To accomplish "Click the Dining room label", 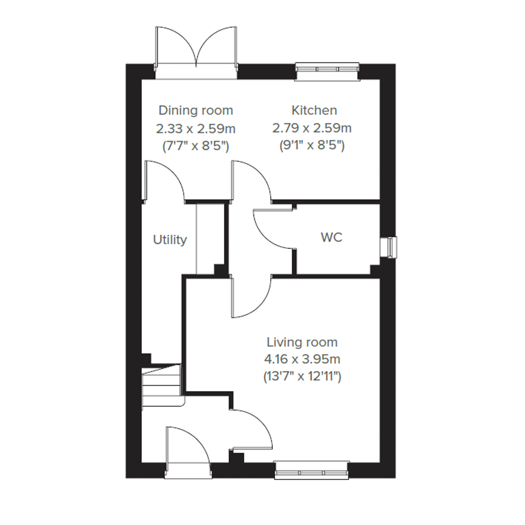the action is [196, 111].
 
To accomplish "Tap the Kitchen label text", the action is [314, 110].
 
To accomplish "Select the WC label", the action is [332, 237].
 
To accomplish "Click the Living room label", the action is [302, 342].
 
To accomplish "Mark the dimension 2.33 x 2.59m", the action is [196, 129].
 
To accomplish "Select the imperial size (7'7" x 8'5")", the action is [196, 146].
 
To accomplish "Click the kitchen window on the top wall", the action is [327, 72].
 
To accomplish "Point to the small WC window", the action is [388, 247].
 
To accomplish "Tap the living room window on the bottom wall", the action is [312, 470].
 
